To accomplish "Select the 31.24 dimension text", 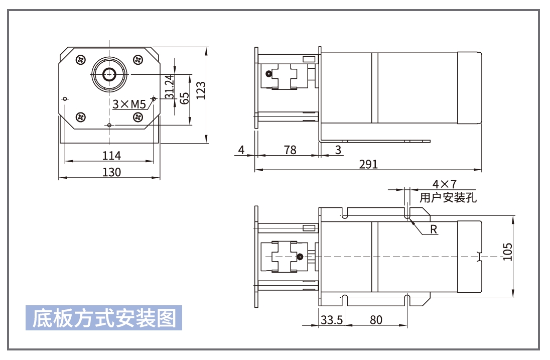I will (x=169, y=86).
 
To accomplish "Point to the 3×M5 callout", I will (x=128, y=104).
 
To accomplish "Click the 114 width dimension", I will (x=111, y=155).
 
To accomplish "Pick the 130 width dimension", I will (x=111, y=172).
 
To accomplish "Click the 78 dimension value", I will (x=290, y=150).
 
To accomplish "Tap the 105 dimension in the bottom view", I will (x=507, y=252).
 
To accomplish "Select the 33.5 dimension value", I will (x=331, y=320).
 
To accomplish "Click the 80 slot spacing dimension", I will (x=376, y=320).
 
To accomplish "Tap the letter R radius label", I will (x=434, y=230).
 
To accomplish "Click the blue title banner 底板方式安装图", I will (x=104, y=318).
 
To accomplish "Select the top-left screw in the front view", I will (x=81, y=60).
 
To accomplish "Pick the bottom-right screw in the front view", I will (x=137, y=117).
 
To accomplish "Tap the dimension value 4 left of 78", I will (x=241, y=150).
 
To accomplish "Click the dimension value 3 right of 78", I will (x=338, y=150).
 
